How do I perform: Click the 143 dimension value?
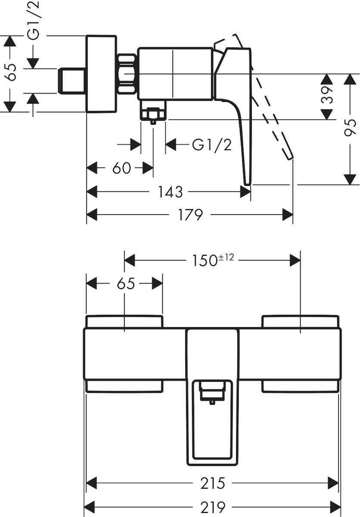click(170, 192)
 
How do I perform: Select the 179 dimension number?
click(190, 215)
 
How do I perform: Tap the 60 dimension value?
click(121, 168)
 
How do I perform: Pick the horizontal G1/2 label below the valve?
click(211, 145)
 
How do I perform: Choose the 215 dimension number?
click(213, 483)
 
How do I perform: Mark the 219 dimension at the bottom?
click(213, 506)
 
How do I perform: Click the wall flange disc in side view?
click(102, 74)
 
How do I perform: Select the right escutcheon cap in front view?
click(301, 321)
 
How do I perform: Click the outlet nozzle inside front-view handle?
click(211, 395)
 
